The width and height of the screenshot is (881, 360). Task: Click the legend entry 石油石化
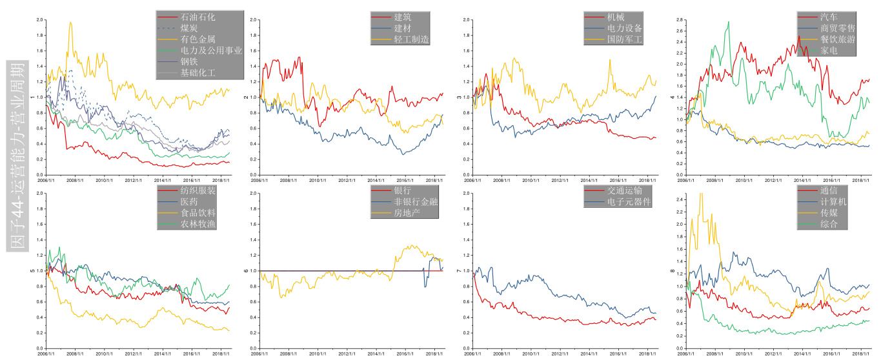194,17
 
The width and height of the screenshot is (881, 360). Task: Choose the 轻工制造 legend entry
411,39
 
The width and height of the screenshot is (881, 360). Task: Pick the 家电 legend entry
829,50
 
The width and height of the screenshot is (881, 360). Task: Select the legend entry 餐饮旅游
838,39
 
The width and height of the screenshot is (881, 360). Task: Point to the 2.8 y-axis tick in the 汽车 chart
679,20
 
